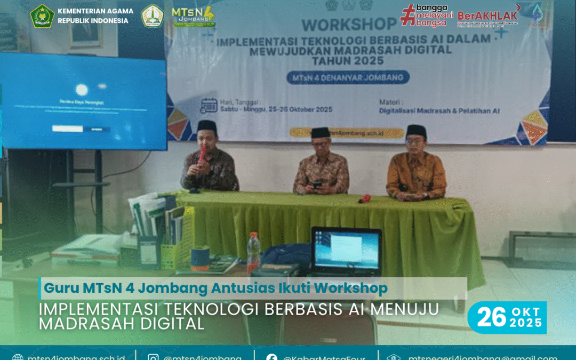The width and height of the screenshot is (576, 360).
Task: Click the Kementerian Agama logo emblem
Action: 42,15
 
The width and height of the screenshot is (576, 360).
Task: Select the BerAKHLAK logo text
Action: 487,15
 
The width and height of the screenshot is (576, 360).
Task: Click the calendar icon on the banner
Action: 208,106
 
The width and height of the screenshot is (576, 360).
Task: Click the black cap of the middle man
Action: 321,132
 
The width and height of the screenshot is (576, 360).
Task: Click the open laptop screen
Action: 346,251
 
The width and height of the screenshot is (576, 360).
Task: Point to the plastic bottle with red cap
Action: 253,252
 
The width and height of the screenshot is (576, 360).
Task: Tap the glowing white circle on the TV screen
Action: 82,90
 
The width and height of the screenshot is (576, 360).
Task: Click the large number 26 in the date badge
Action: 491,317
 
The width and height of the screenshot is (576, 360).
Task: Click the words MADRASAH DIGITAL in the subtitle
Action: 122,323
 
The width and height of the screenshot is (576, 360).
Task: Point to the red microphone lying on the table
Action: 365,198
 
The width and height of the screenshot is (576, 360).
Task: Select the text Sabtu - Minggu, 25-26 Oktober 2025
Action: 275,109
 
